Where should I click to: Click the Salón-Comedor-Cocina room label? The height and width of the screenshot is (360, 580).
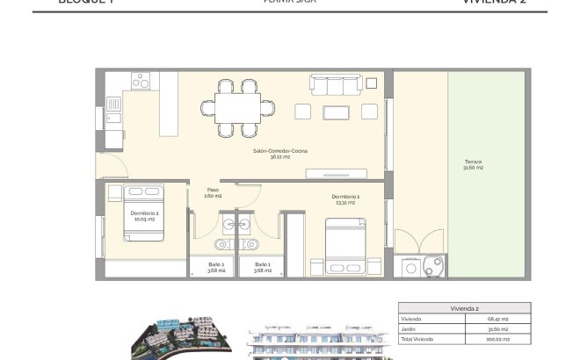(273, 154)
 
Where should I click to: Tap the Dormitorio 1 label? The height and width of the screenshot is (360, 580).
(345, 198)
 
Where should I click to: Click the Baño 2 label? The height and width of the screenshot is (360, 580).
(217, 266)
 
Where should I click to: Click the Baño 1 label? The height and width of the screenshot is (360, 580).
(263, 266)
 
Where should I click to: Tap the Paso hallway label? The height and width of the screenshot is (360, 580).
(213, 192)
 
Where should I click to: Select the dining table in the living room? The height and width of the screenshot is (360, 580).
(239, 108)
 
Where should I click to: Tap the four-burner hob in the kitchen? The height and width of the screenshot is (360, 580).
(141, 80)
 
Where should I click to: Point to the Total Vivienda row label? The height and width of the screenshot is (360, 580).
(417, 338)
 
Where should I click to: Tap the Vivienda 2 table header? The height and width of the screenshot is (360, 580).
(463, 308)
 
